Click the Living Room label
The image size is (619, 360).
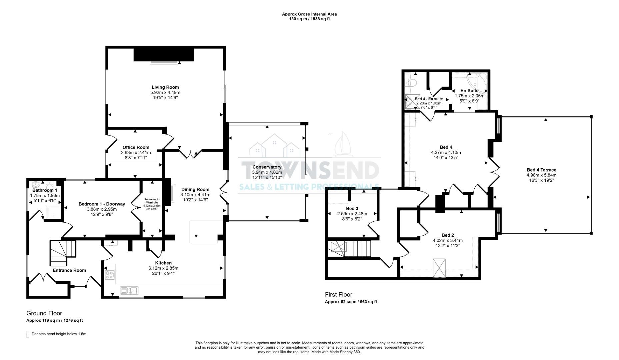(x=165, y=87)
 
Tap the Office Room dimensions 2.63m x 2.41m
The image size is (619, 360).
(x=136, y=153)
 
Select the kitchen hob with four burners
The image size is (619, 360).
(x=110, y=275)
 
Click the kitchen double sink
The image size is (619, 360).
(x=129, y=291)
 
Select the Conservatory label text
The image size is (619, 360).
(x=267, y=167)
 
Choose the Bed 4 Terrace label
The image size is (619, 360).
(x=541, y=170)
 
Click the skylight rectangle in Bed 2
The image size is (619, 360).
(x=439, y=268)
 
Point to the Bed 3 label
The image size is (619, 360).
(x=352, y=209)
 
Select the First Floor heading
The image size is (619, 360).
(x=338, y=295)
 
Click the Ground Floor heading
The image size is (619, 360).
(x=44, y=313)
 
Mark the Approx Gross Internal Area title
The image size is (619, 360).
(x=309, y=14)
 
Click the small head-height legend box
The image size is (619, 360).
(x=28, y=334)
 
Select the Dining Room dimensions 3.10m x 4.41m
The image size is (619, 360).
(x=195, y=195)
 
